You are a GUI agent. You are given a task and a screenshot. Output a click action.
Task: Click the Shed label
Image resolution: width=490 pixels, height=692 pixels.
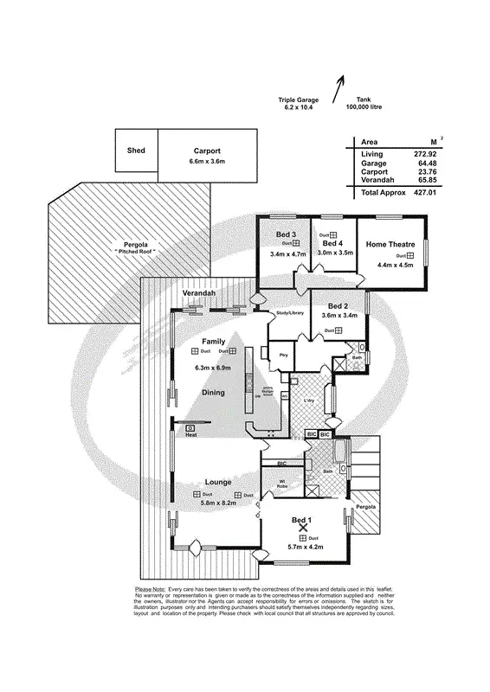136,151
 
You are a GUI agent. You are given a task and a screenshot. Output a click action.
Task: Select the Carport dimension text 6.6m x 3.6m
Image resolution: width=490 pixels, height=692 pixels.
207,162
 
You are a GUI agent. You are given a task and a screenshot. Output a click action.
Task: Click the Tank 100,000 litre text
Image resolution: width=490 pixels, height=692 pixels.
364,103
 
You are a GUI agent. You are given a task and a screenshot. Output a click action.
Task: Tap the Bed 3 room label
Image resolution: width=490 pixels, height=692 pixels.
287,235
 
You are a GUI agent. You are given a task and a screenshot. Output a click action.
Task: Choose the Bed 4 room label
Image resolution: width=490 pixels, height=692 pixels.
333,245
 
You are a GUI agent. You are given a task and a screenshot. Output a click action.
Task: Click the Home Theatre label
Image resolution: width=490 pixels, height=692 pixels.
390,244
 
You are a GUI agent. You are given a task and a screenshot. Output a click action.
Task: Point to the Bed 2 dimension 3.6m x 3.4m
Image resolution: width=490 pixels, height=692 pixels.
338,317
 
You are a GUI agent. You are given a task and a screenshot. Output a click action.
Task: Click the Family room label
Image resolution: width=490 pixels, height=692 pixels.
213,341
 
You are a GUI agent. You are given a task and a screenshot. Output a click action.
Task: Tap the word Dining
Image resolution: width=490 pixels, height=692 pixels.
213,392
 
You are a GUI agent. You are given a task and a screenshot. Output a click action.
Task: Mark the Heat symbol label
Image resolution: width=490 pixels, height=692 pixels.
190,436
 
